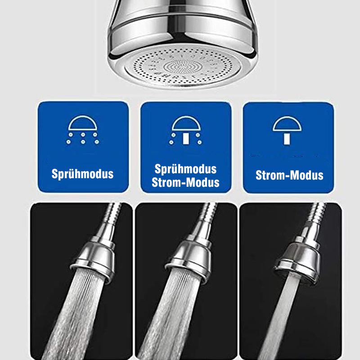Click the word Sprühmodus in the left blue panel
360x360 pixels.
82,174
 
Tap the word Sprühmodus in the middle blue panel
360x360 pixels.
185,169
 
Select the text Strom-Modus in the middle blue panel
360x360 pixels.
185,182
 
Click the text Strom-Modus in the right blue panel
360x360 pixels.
289,175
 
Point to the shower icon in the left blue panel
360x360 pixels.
83,130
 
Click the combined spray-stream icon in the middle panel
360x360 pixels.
186,130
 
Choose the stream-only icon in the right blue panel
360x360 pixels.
287,130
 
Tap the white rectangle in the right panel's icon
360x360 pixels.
287,139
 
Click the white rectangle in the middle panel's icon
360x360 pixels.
186,139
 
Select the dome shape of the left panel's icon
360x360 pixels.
83,123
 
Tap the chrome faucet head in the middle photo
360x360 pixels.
189,258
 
